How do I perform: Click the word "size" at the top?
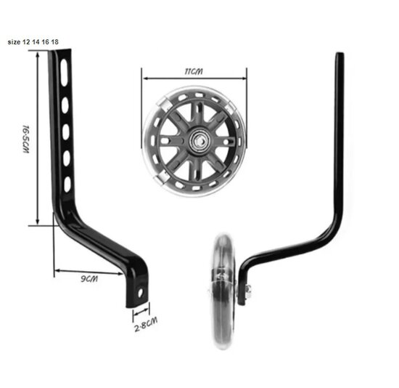point(14,42)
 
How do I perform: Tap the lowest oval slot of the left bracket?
point(67,184)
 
